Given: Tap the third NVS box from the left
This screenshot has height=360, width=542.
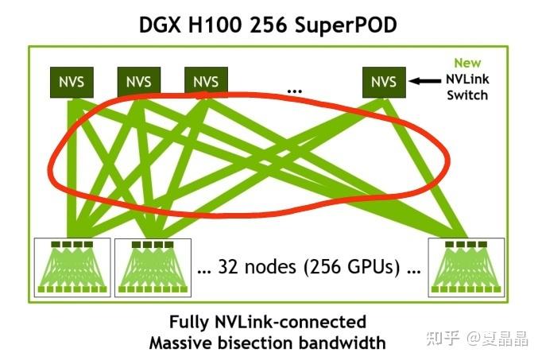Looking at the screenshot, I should [205, 82].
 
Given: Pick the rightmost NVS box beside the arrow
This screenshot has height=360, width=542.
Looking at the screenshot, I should [383, 82].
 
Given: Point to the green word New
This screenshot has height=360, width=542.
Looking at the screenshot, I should [467, 63].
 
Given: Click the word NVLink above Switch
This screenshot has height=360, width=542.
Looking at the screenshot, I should [467, 79].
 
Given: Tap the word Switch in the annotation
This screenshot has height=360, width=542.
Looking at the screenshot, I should [467, 95].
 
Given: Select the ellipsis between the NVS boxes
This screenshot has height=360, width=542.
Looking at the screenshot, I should [295, 90].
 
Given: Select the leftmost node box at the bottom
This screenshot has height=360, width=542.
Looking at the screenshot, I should [73, 266].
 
